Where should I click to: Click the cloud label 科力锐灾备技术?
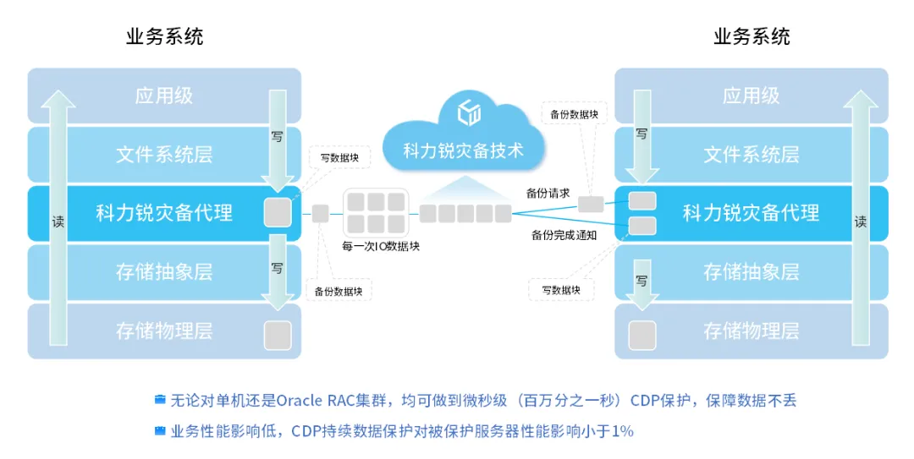464,150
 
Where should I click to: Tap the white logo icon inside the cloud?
469,112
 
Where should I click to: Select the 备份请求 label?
548,194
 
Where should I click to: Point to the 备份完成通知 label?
564,235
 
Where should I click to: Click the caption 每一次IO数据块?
381,246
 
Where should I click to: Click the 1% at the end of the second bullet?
623,431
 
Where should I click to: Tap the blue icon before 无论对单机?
160,400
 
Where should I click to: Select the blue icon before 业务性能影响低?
160,431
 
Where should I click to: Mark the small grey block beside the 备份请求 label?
591,204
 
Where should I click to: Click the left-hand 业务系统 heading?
164,36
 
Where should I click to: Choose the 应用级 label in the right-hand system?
752,96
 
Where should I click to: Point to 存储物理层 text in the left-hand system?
164,331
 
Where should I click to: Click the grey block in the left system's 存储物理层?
278,335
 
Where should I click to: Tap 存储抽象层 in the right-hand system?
752,271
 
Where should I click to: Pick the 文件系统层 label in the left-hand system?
164,155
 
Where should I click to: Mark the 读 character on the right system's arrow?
861,222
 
